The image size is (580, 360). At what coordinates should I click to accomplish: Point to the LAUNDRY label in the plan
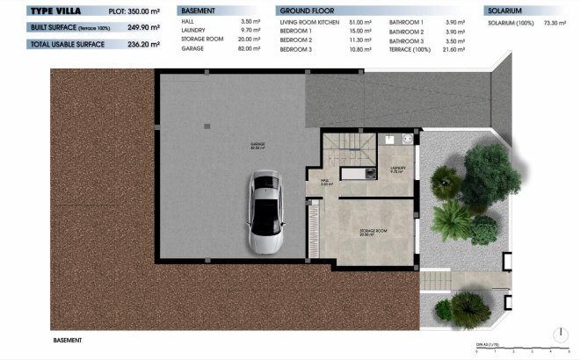[x=398, y=169]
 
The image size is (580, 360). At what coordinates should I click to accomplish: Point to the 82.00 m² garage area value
[x=250, y=48]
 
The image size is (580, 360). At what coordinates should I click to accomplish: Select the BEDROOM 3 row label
[x=295, y=48]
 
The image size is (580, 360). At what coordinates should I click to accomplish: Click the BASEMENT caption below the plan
[x=68, y=340]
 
